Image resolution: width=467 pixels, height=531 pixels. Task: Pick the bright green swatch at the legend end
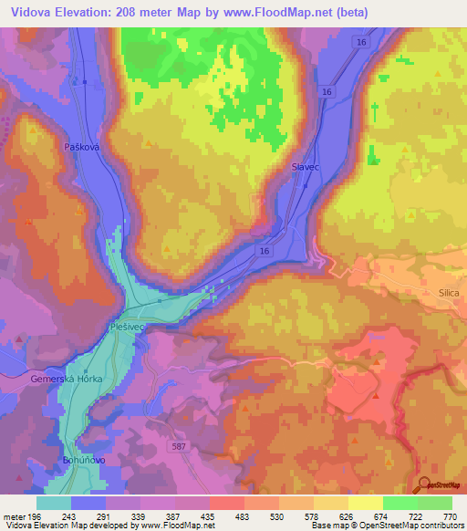[434, 503]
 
